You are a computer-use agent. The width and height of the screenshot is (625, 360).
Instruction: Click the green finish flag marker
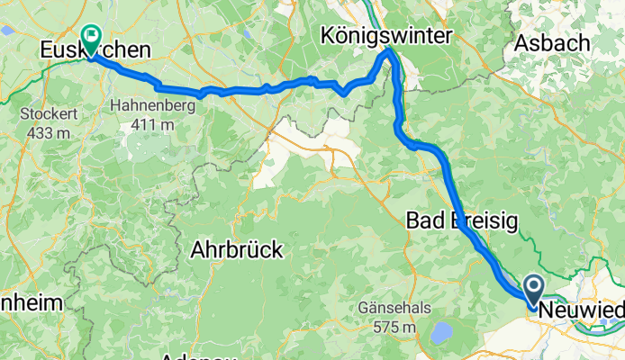click(92, 37)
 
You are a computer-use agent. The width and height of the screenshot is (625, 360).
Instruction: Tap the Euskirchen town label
click(81, 52)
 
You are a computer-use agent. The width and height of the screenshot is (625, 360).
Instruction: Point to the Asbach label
click(551, 42)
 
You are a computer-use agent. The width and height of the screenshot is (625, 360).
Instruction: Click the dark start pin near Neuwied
click(532, 290)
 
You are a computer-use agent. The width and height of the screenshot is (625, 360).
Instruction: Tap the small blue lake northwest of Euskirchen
click(7, 30)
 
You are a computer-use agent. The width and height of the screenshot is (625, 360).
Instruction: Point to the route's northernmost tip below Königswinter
click(389, 52)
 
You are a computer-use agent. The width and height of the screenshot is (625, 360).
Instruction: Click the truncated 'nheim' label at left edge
click(30, 303)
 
